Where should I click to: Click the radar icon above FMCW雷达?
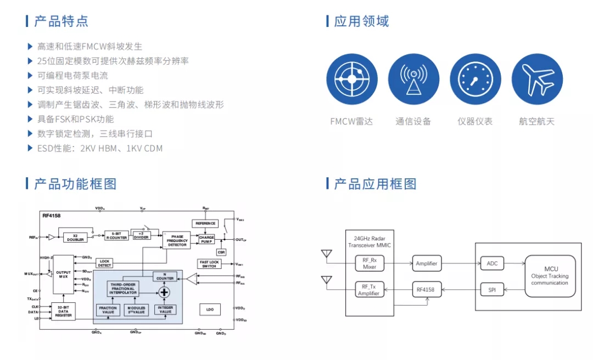click(352, 79)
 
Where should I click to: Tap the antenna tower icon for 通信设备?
click(413, 79)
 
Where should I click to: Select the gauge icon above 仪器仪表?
click(475, 79)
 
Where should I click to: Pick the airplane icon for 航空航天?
click(537, 79)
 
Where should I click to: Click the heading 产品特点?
click(61, 21)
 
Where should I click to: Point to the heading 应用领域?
click(361, 21)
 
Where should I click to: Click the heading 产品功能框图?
click(75, 184)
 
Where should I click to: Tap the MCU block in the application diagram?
click(550, 276)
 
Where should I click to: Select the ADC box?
click(492, 263)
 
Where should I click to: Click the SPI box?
click(492, 289)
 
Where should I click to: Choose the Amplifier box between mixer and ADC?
click(427, 263)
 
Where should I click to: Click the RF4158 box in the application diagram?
click(427, 289)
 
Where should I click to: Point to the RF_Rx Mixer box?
click(370, 264)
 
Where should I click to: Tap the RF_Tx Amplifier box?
click(370, 289)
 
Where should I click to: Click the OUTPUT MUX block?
click(63, 274)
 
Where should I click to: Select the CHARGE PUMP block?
click(206, 240)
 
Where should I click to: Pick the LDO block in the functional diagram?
click(210, 310)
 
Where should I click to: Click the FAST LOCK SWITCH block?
click(209, 264)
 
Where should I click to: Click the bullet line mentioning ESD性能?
click(99, 148)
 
